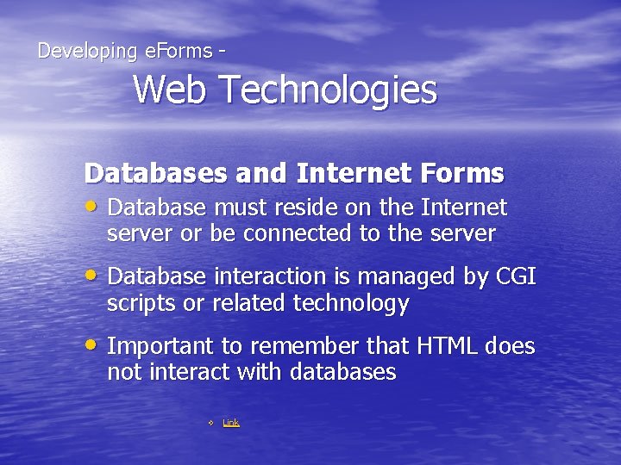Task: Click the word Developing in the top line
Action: tap(87, 52)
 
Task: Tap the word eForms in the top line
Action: tap(179, 51)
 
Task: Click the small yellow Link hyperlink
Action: tap(231, 422)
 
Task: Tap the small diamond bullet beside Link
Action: tap(210, 423)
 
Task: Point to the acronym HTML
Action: tap(447, 346)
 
